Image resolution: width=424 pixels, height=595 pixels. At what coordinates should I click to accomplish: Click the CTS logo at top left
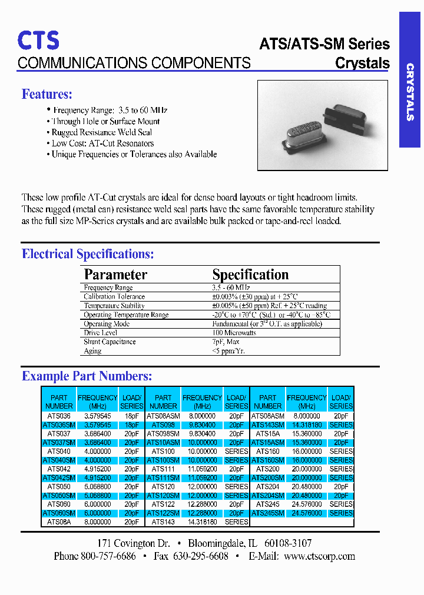point(38,40)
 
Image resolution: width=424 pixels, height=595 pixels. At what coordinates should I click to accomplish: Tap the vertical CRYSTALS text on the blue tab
point(410,92)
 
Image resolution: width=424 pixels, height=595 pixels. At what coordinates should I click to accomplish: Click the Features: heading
point(47,94)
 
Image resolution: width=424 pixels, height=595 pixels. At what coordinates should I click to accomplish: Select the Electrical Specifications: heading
point(88,254)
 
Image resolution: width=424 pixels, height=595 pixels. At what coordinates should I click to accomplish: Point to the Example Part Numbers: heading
point(87,376)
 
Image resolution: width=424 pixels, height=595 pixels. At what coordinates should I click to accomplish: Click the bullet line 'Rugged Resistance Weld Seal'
point(101,132)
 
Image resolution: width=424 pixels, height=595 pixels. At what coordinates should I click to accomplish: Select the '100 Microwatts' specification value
point(234,333)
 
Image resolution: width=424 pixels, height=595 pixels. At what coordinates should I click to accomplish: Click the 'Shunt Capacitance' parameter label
point(110,342)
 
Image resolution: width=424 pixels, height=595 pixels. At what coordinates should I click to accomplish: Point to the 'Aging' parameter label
point(92,351)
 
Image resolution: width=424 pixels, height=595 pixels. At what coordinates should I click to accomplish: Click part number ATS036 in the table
point(59,416)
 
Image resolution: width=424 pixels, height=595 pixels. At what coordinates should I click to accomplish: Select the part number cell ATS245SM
point(268,513)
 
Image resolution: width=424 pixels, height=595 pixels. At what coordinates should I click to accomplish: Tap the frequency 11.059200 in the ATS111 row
point(201,469)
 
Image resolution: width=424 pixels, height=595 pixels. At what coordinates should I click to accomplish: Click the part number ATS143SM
point(268,424)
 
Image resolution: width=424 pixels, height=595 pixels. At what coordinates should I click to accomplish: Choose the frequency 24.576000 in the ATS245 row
point(306,504)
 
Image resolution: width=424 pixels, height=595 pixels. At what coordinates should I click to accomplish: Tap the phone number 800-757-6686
point(108,556)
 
